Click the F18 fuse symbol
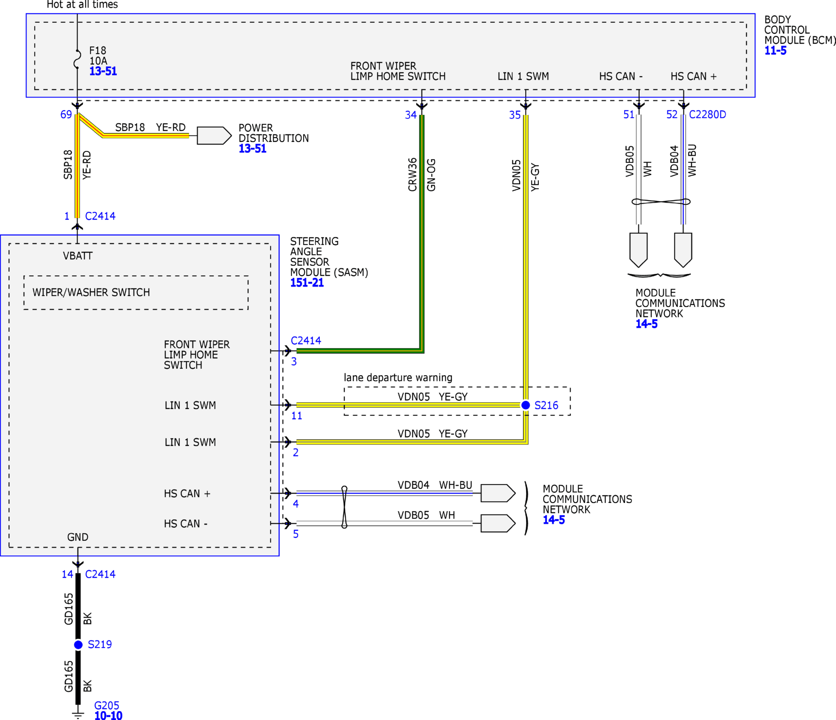coord(77,59)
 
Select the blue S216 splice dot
coord(525,405)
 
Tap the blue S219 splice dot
coord(78,645)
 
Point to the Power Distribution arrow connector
coord(214,136)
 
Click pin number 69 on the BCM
coord(66,115)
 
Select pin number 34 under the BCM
coord(411,115)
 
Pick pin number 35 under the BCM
coord(515,115)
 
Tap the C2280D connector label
coord(707,115)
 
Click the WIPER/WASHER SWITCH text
coord(91,292)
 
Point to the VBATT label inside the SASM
coord(78,256)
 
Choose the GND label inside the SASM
coord(78,537)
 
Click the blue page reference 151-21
coord(307,283)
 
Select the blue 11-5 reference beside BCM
coord(776,51)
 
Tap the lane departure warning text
coord(398,377)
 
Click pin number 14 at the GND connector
coord(68,574)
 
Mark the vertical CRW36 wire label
coord(413,174)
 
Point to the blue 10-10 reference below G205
coord(108,716)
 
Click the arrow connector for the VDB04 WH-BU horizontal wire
coord(498,493)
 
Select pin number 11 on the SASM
coord(297,416)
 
